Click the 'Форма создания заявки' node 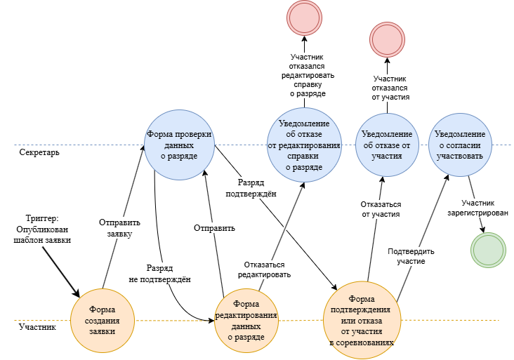pyautogui.click(x=103, y=321)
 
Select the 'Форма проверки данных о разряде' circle pyautogui.click(x=178, y=145)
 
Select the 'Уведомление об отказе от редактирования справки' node pyautogui.click(x=304, y=145)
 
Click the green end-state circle pyautogui.click(x=489, y=249)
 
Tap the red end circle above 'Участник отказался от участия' pyautogui.click(x=388, y=39)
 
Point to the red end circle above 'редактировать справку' pyautogui.click(x=304, y=18)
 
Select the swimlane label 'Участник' pyautogui.click(x=38, y=327)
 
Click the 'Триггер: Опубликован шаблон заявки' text pyautogui.click(x=43, y=229)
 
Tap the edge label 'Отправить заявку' pyautogui.click(x=115, y=229)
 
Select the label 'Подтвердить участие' pyautogui.click(x=411, y=255)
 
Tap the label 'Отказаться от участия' pyautogui.click(x=381, y=209)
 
